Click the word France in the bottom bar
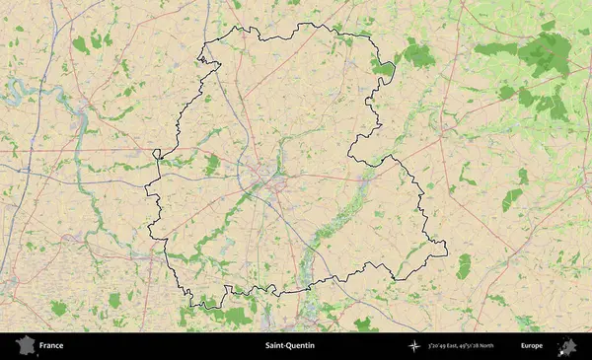51,346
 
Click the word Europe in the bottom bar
532,346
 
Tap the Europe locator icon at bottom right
567,346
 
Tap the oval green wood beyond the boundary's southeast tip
463,265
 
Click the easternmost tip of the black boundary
447,253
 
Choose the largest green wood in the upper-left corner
80,44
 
